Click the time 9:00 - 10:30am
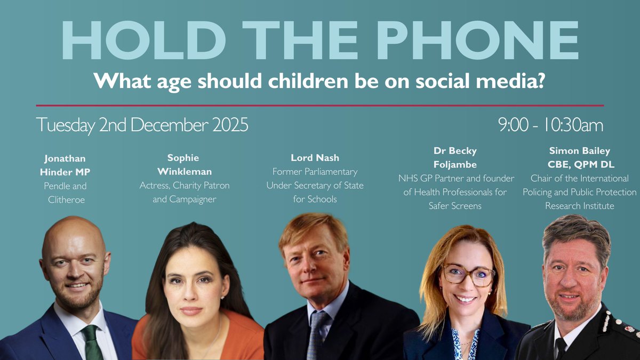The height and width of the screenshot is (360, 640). pos(550,125)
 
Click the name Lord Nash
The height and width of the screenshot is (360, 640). pos(314,158)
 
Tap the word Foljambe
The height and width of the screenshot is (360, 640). pos(455,165)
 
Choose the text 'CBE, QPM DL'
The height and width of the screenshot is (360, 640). pos(579,164)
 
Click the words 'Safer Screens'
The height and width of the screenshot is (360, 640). pos(455,205)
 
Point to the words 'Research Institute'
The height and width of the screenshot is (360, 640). pos(579,205)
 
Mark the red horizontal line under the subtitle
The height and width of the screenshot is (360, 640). pos(320,106)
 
